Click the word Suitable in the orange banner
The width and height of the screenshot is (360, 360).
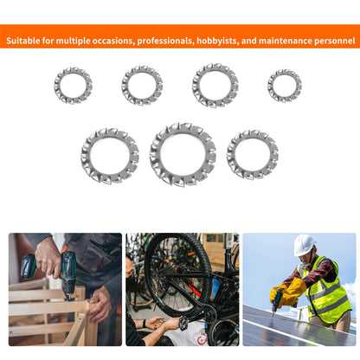click(x=23, y=41)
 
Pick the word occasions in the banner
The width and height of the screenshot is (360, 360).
click(x=113, y=41)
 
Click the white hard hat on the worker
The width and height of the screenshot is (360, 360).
click(x=304, y=244)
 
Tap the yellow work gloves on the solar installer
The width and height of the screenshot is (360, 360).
click(x=288, y=292)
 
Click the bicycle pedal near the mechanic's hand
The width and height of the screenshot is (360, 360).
click(x=184, y=324)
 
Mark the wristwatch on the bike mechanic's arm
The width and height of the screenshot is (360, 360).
click(x=145, y=324)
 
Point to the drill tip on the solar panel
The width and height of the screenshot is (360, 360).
click(x=273, y=315)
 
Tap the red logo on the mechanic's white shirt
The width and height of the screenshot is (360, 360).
click(x=202, y=338)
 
